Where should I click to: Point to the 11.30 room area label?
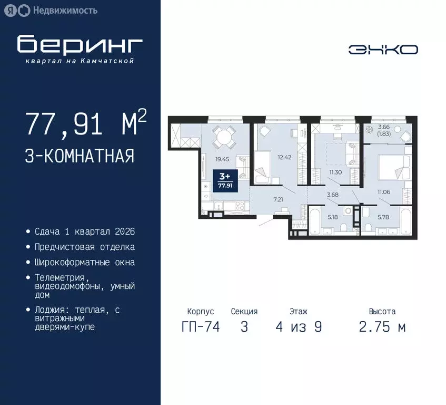pyautogui.click(x=335, y=172)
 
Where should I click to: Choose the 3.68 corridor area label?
pyautogui.click(x=332, y=195)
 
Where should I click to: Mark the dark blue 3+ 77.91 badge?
pyautogui.click(x=225, y=181)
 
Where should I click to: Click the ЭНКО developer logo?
pyautogui.click(x=383, y=49)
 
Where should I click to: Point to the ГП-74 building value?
pyautogui.click(x=200, y=327)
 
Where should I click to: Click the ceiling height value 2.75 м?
pyautogui.click(x=382, y=327)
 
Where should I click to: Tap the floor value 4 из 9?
pyautogui.click(x=298, y=327)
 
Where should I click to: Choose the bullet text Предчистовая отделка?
pyautogui.click(x=84, y=247)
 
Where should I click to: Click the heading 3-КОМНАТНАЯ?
pyautogui.click(x=79, y=156)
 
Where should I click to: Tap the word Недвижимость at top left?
pyautogui.click(x=65, y=10)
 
